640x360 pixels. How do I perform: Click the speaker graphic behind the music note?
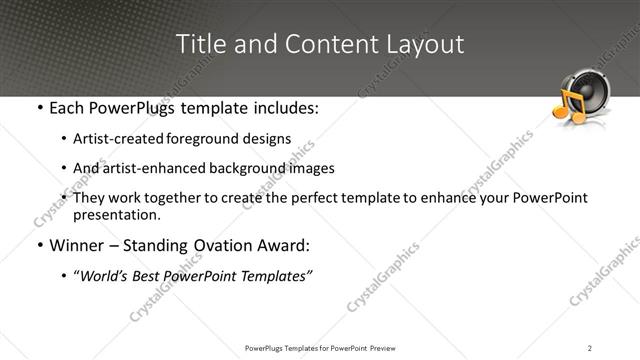[593, 92]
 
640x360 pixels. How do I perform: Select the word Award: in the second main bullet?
[282, 245]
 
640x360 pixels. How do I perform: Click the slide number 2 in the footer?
[590, 348]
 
